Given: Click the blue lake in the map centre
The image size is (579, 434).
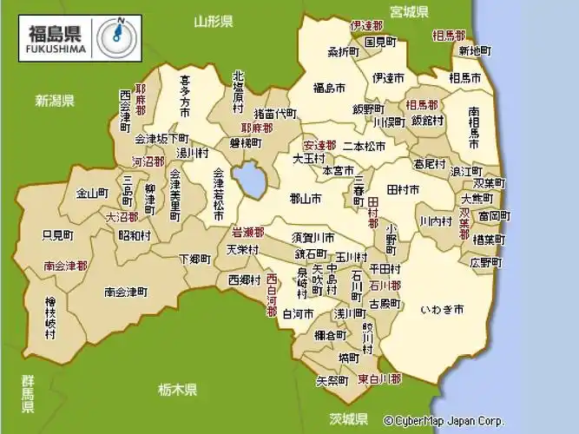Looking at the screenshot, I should (x=250, y=181).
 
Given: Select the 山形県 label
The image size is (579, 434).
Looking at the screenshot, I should (x=214, y=21).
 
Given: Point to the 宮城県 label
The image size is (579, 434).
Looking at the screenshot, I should (x=410, y=11).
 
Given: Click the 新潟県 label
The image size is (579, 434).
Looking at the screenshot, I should (x=54, y=101).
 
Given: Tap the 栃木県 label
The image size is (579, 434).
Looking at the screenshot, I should (x=178, y=389).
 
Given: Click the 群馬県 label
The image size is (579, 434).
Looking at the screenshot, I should (x=29, y=394).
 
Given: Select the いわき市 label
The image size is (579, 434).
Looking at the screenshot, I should (x=441, y=308).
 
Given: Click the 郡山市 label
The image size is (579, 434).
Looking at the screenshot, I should (x=304, y=198).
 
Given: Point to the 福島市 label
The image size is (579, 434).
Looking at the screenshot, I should (x=331, y=87).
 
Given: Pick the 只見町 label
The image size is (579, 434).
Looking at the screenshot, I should (x=57, y=234).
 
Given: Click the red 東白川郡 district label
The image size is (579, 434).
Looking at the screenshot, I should (x=380, y=379).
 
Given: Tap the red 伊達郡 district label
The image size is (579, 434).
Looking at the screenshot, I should (x=367, y=27).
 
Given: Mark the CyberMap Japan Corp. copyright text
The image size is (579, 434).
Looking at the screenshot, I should (x=443, y=420).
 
